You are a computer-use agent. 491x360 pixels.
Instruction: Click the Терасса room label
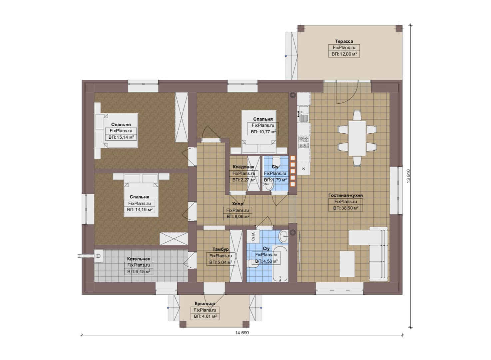(x=344, y=41)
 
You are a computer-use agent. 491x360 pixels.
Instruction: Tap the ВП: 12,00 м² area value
(x=344, y=54)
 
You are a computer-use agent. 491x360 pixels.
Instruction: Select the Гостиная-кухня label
(x=345, y=195)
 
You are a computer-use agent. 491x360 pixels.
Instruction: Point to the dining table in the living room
(x=357, y=138)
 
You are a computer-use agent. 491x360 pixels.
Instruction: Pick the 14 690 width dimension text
(x=242, y=333)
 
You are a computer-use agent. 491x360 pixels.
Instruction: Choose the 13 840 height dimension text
(x=408, y=176)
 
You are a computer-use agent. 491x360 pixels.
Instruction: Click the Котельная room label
(x=139, y=259)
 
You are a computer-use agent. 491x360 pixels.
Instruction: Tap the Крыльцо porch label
(x=205, y=304)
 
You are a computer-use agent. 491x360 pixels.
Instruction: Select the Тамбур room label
(x=221, y=249)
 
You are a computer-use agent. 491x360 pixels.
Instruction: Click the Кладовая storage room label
(x=243, y=167)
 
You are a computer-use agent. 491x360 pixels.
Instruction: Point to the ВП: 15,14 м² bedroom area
(x=121, y=137)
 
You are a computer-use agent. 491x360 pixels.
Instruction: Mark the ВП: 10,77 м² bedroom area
(x=263, y=132)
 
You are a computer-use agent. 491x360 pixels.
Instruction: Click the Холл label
(x=238, y=204)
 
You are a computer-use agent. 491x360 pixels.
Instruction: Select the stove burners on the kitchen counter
(x=303, y=142)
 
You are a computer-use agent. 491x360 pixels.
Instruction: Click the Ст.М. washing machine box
(x=253, y=236)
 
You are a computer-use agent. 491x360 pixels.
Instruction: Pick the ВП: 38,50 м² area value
(x=346, y=208)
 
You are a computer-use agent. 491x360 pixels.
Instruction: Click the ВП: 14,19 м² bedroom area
(x=140, y=210)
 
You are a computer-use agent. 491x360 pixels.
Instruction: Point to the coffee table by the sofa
(x=347, y=264)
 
